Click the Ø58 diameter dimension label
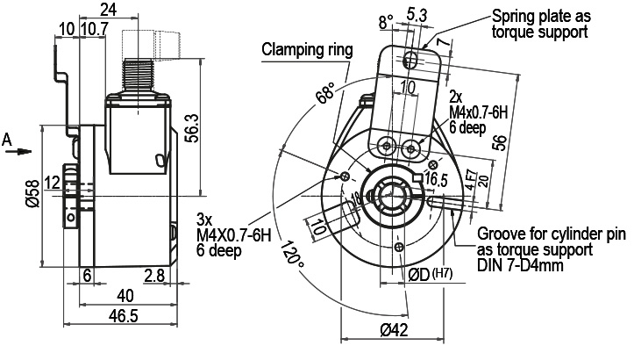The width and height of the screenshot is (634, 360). click(32, 193)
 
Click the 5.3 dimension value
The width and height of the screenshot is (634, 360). click(417, 14)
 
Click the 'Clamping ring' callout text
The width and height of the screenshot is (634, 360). click(305, 49)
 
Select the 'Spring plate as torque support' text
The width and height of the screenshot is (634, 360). click(539, 24)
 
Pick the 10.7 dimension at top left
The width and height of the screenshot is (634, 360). click(93, 29)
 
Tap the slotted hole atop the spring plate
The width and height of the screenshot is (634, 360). click(412, 60)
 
